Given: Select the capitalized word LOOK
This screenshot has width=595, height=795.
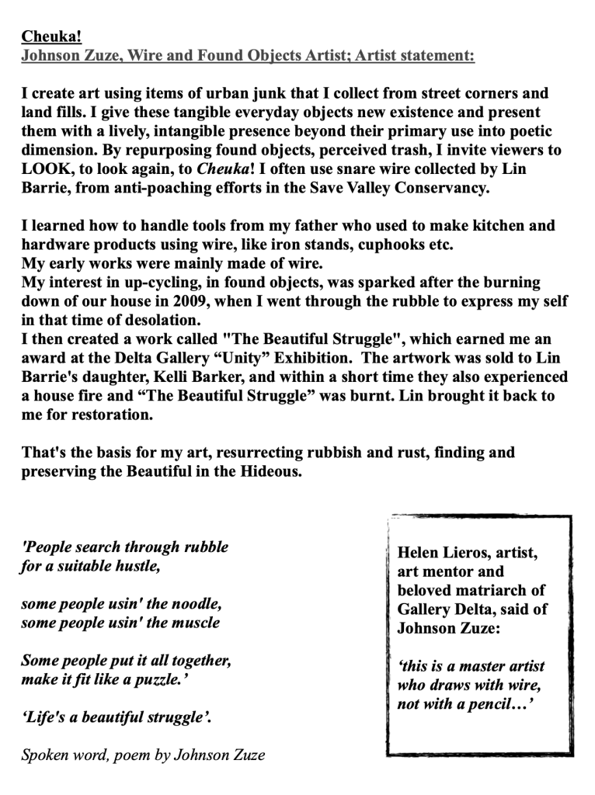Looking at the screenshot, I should coord(45,168).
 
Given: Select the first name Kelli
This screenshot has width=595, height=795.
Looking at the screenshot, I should coord(175,377).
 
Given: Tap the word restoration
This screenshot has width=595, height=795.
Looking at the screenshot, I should coord(113,415).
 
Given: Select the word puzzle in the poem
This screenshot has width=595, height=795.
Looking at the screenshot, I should coord(160,680).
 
